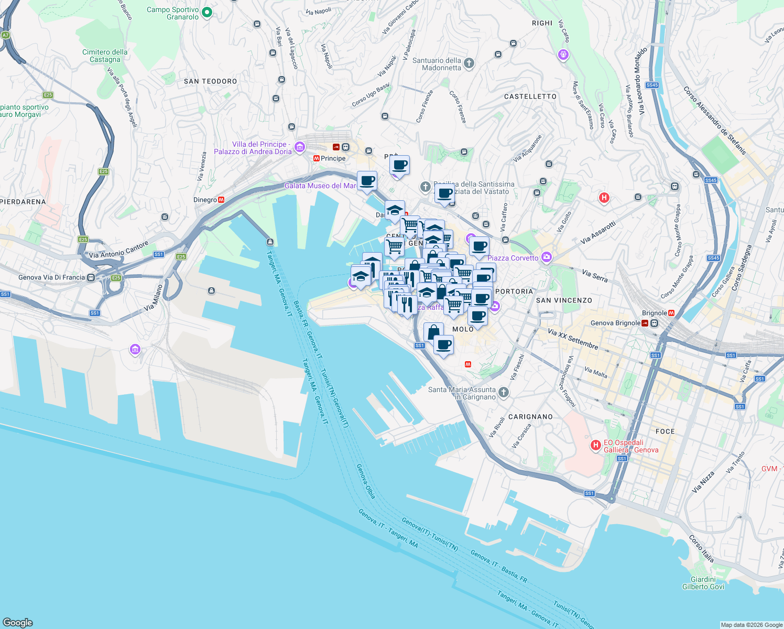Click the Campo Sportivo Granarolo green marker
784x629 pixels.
pos(207,12)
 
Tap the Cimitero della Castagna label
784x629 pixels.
pos(105,56)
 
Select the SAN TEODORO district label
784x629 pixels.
pos(210,81)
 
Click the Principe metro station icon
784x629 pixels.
pos(317,158)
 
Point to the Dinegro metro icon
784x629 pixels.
pos(221,200)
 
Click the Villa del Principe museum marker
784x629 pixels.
pos(299,147)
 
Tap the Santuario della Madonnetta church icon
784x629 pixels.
pos(469,63)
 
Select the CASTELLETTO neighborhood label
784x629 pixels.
pos(530,96)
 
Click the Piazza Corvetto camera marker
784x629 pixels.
pos(547,257)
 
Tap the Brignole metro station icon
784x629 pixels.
pos(671,313)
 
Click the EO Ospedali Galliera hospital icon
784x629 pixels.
pos(595,446)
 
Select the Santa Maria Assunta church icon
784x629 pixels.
pos(503,392)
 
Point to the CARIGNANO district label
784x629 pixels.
pos(530,417)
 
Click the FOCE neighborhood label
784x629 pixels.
pos(665,431)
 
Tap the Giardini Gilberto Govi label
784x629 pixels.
pos(703,583)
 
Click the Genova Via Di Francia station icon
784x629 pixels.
pos(91,277)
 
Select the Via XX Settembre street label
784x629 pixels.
pos(572,339)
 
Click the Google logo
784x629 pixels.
pos(18,622)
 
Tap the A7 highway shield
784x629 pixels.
pos(6,35)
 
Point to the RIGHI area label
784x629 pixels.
pos(542,23)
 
